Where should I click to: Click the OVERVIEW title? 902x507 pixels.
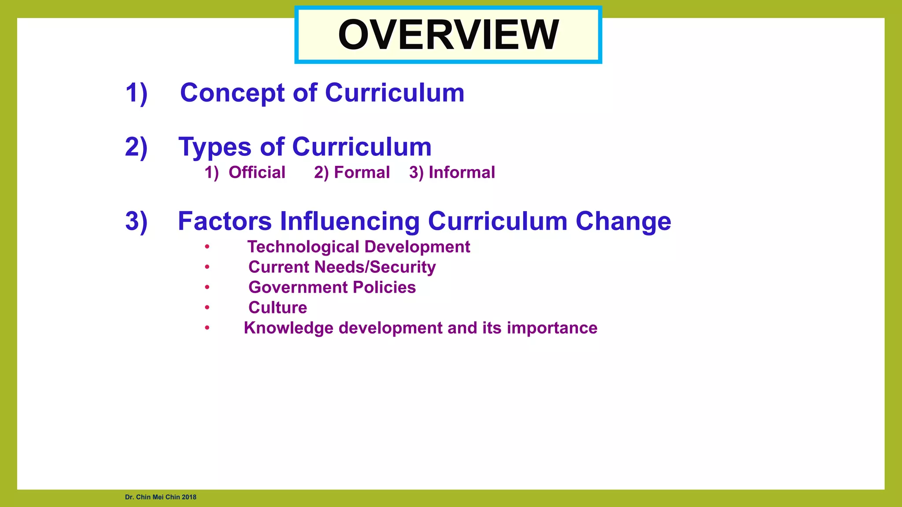(x=448, y=35)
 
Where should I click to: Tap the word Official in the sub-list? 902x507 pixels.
(x=257, y=173)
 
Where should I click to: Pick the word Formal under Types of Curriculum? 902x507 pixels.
(x=362, y=173)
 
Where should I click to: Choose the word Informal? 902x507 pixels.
(x=462, y=173)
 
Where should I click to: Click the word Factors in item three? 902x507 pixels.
(x=225, y=221)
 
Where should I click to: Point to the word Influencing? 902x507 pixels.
(x=350, y=221)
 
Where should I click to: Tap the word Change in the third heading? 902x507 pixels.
(x=623, y=221)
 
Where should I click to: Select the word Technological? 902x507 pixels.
(x=303, y=247)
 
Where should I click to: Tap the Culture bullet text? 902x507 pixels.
(x=277, y=308)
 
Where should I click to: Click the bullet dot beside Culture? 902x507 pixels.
(x=207, y=308)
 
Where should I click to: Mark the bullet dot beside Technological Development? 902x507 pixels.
(x=207, y=247)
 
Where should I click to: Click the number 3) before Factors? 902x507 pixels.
(x=136, y=221)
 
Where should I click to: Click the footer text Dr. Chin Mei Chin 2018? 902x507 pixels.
(x=160, y=497)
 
